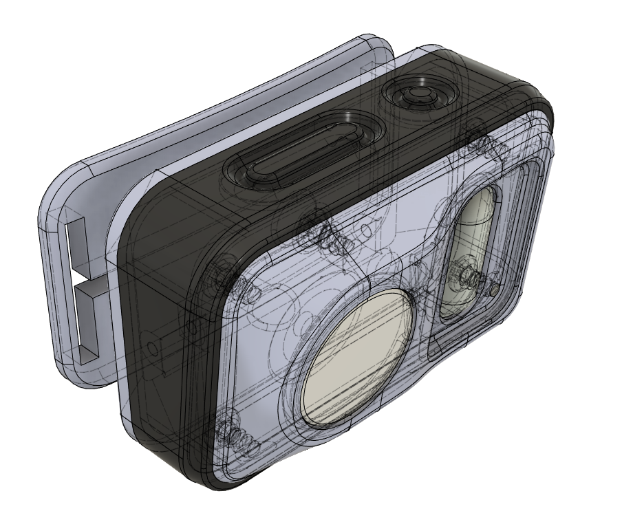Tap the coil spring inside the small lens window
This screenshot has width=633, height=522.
(x=471, y=275)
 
